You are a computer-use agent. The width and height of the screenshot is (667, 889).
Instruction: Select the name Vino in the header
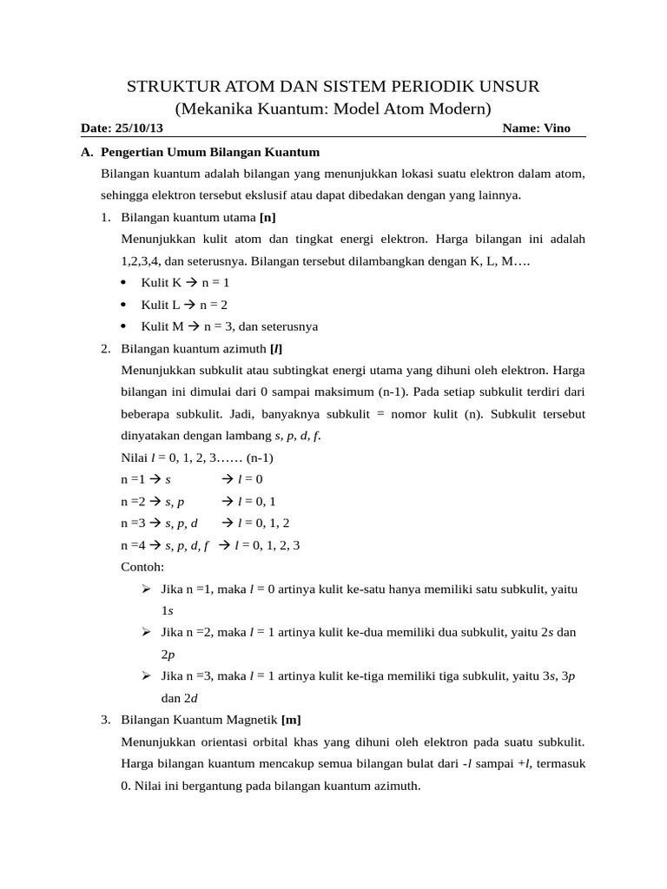pos(558,128)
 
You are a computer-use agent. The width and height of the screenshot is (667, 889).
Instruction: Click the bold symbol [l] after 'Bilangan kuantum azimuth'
pos(275,349)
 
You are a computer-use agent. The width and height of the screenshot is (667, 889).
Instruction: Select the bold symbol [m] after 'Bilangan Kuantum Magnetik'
pos(291,720)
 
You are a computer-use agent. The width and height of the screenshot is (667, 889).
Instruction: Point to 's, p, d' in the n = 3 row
pos(182,523)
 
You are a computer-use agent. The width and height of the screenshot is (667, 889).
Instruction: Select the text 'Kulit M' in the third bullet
pos(162,326)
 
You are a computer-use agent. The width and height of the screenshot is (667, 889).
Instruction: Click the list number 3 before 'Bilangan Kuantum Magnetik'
pos(104,720)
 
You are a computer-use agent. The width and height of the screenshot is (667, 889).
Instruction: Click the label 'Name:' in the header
pos(521,128)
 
